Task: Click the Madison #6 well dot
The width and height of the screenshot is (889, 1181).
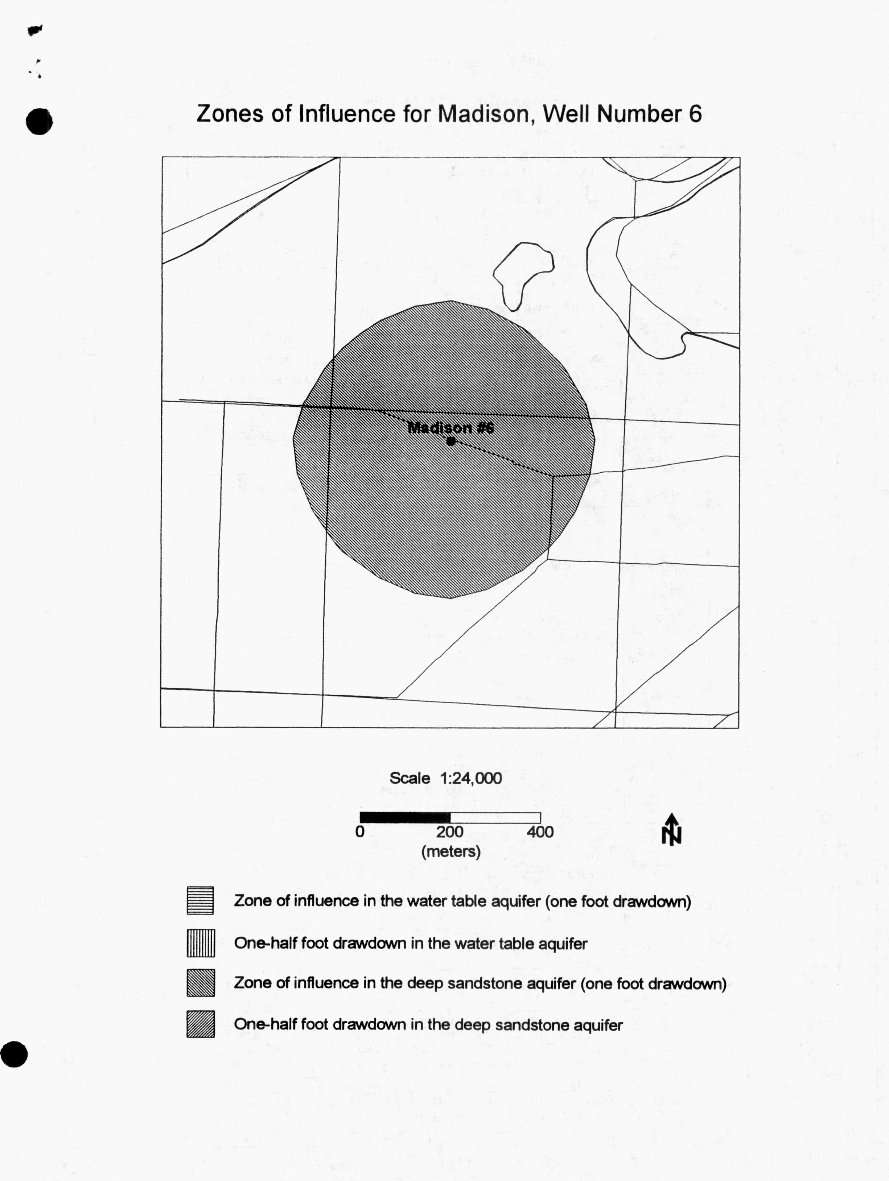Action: (451, 441)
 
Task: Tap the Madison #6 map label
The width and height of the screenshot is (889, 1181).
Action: (450, 428)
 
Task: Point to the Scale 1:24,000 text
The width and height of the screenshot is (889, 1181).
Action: (445, 778)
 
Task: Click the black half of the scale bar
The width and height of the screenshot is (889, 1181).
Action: (405, 817)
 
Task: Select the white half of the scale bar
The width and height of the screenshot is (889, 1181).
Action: (495, 817)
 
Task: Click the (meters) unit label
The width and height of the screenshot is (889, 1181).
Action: (451, 851)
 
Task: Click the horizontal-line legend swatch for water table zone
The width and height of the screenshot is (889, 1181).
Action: (200, 901)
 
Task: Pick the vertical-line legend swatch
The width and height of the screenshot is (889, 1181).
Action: (200, 943)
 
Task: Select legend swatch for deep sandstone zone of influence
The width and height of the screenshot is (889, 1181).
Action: (200, 983)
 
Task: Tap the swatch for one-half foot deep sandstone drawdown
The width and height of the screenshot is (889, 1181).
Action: (200, 1024)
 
